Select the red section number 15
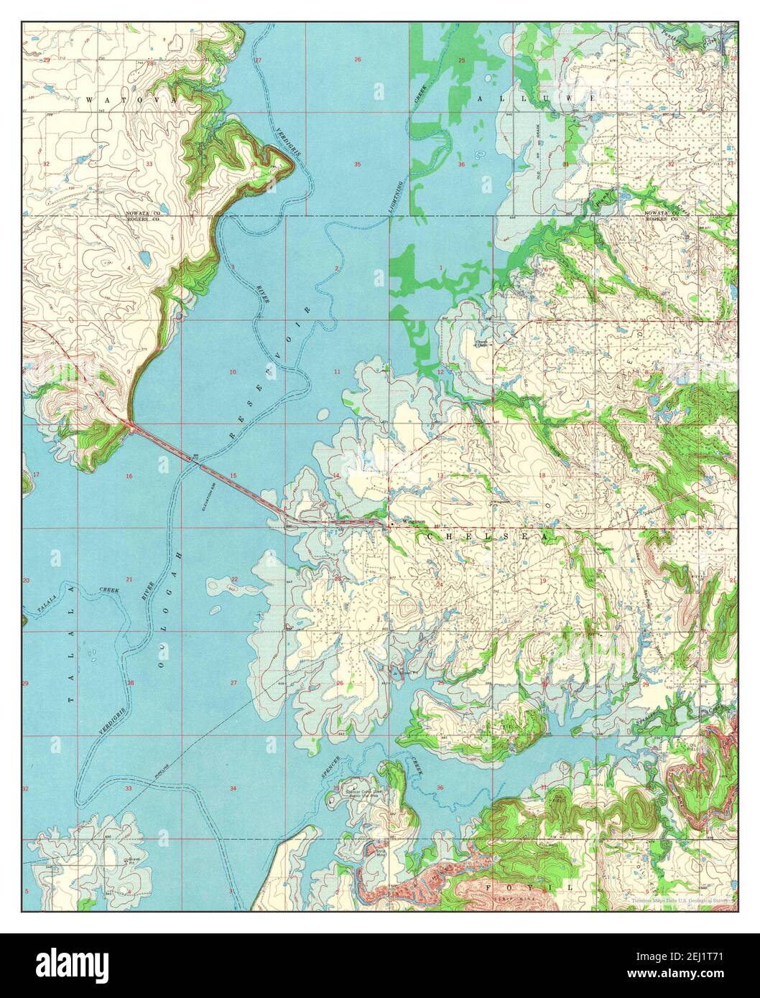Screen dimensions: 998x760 point(233,476)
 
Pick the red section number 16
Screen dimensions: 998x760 point(129,476)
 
